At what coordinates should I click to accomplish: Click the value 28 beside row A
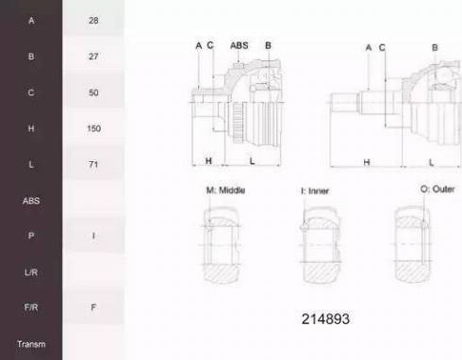pos(93,21)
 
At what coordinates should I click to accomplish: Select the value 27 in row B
pos(93,57)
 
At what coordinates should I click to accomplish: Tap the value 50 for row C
pos(93,92)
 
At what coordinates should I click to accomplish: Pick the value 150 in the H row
pos(93,128)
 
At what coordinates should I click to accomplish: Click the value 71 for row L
pos(93,164)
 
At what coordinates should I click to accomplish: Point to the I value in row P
pos(93,236)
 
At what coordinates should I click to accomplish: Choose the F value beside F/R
pos(93,307)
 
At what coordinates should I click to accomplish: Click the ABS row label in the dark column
pos(31,201)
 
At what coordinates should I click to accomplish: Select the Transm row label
pos(31,344)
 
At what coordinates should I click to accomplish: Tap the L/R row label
pos(31,272)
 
